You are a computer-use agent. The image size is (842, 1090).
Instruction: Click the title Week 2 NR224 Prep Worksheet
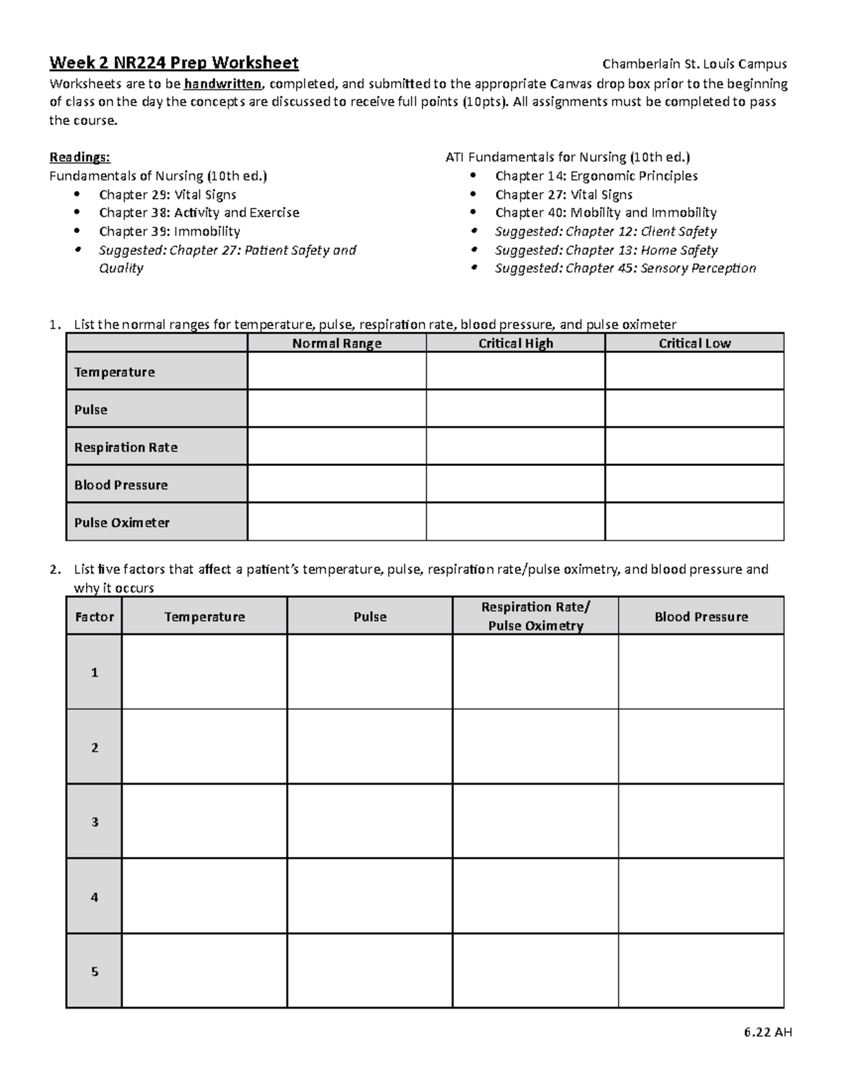174,63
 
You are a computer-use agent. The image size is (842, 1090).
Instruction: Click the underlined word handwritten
223,84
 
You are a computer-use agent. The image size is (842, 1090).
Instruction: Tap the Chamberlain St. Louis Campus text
695,64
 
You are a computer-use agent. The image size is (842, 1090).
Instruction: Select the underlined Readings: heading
79,157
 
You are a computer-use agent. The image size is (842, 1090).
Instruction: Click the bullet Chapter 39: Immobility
169,232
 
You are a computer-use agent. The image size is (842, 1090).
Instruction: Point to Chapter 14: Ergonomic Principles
596,176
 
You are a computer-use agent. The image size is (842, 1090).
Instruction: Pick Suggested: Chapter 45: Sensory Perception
625,268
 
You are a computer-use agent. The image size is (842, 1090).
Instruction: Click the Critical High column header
516,343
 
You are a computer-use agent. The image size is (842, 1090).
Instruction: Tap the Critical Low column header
694,343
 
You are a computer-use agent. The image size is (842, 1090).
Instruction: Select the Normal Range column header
337,343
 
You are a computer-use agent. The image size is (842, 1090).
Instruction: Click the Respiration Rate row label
126,447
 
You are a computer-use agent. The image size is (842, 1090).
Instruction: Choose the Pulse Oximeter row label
122,522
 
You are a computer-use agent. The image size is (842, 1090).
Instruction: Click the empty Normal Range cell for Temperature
337,371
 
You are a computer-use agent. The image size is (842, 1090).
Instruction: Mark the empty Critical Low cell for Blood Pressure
694,484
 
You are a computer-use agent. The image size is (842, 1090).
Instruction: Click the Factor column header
94,616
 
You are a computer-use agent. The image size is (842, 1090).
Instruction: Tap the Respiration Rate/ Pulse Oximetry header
535,616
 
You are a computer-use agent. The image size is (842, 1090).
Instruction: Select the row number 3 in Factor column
94,821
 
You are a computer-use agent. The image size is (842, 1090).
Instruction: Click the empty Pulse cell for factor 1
370,672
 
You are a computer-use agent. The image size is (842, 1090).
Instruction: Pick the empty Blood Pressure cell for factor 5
700,971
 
